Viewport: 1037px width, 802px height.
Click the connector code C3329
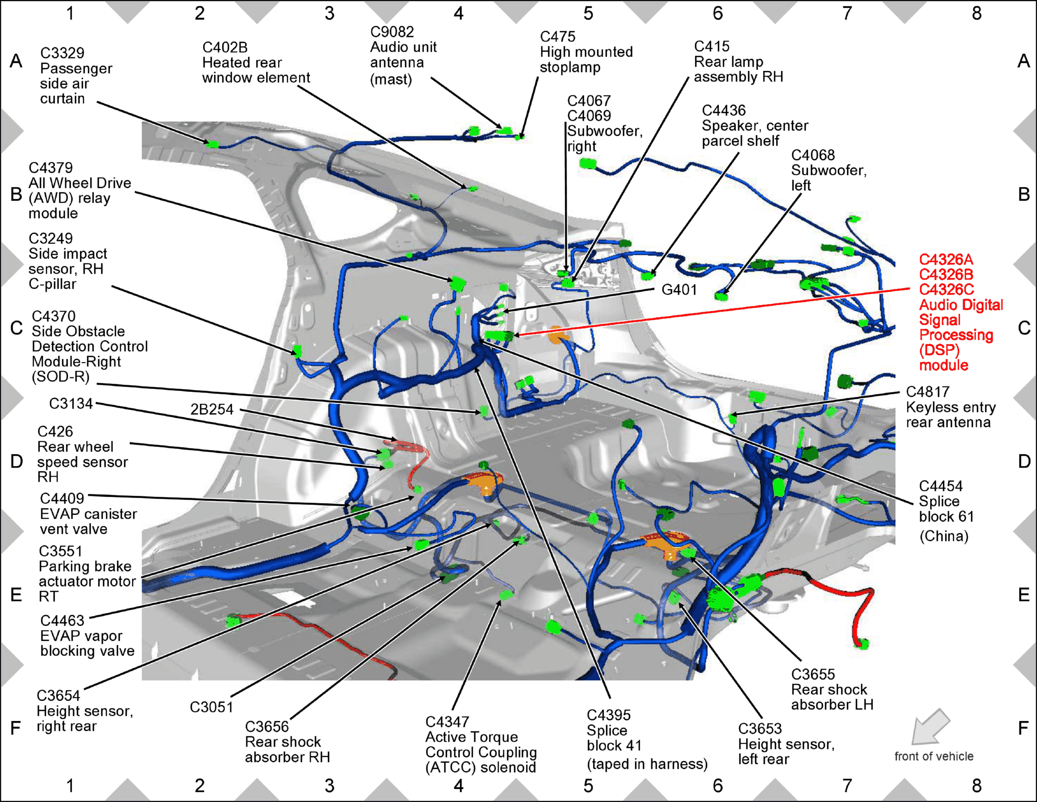[x=62, y=53]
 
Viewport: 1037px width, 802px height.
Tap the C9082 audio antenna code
[x=392, y=32]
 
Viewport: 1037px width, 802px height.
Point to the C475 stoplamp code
[x=557, y=37]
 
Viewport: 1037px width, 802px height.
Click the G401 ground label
[x=679, y=290]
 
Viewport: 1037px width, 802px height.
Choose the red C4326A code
[x=946, y=260]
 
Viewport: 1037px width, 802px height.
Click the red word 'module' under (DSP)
[x=944, y=365]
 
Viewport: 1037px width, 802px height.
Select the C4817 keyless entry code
[x=927, y=392]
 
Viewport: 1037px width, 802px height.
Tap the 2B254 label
[x=212, y=409]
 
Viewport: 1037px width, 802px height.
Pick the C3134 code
[x=71, y=404]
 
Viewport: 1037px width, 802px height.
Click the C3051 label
[x=211, y=707]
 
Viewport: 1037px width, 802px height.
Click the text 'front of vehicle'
[x=934, y=756]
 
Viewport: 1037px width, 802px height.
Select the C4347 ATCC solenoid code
[x=447, y=722]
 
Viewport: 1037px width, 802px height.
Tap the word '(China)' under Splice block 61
[x=944, y=536]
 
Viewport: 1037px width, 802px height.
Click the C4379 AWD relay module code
[x=51, y=168]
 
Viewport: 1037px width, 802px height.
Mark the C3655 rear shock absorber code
[x=813, y=674]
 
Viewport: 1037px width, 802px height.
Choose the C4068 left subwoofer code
[x=813, y=155]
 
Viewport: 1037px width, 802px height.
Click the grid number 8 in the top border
[x=977, y=14]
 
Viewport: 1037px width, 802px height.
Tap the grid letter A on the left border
[x=16, y=61]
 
